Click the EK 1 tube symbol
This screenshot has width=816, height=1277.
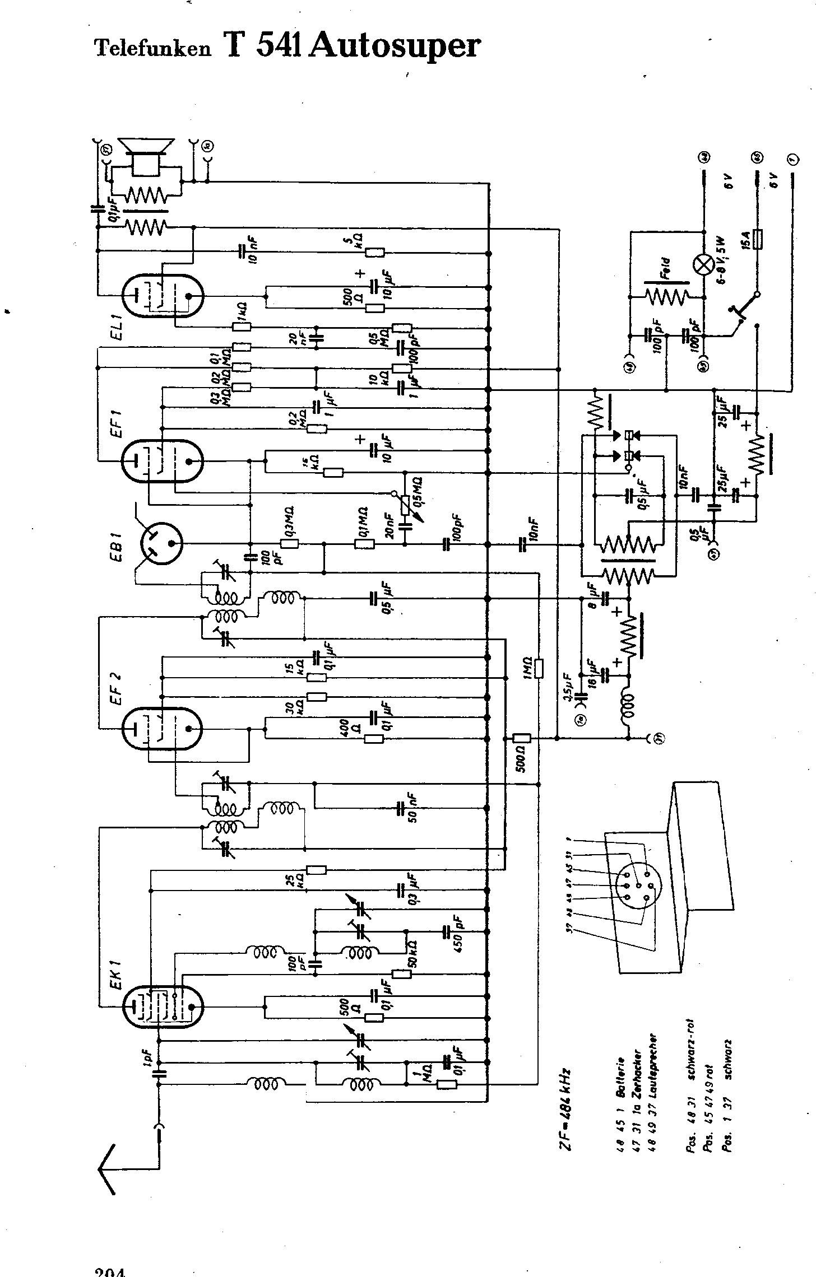162,1007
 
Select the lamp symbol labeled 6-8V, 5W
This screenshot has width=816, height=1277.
703,264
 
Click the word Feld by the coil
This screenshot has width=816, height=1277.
665,268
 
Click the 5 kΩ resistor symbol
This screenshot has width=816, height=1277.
375,253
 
